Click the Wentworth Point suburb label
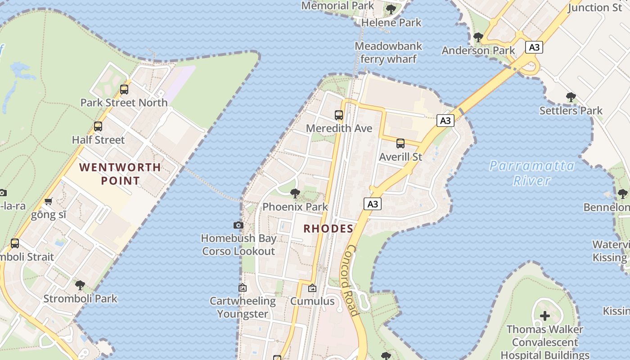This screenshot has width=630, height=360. (120, 174)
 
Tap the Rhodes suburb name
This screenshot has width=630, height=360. (328, 229)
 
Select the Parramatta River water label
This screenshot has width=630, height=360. (532, 173)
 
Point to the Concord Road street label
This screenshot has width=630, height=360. (352, 280)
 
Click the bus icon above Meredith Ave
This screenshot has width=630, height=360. (339, 115)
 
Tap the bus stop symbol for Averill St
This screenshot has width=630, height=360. (400, 144)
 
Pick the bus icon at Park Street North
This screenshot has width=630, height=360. (124, 90)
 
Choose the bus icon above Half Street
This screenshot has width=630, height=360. (98, 126)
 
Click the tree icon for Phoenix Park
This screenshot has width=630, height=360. (295, 193)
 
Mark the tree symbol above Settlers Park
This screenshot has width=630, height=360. (571, 97)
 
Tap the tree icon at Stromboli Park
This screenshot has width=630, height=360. (80, 285)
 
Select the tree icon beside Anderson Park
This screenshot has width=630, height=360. (478, 37)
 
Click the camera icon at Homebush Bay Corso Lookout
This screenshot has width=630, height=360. (238, 225)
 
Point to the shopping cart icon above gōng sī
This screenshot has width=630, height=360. (49, 202)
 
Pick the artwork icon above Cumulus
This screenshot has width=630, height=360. (312, 288)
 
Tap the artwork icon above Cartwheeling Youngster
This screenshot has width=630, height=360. (243, 287)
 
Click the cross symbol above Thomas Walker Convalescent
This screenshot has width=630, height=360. (545, 315)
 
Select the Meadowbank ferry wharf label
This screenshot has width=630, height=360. (388, 52)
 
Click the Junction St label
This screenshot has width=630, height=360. (595, 7)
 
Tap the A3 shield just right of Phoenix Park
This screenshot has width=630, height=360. (372, 204)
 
